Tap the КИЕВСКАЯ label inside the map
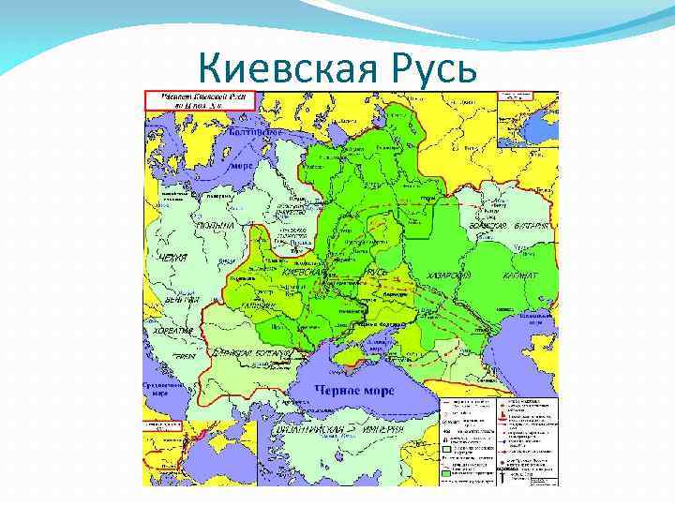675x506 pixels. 306,272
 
